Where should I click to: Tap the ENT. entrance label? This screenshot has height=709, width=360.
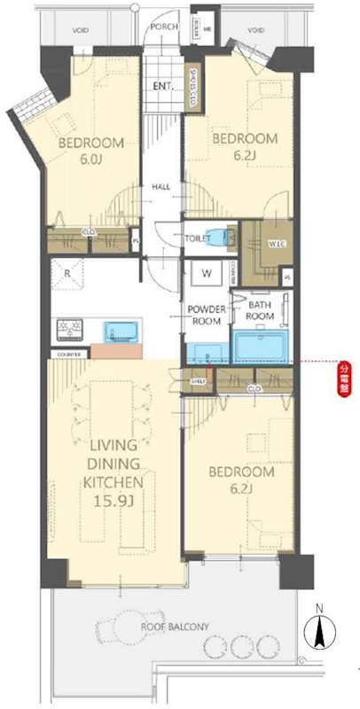[x=162, y=86]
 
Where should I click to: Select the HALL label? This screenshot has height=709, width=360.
[x=161, y=187]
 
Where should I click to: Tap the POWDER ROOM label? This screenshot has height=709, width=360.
[x=206, y=315]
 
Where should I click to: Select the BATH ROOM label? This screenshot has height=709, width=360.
[x=259, y=309]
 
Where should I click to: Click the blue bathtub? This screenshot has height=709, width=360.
[x=261, y=347]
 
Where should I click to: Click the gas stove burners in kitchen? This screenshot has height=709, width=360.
[x=68, y=331]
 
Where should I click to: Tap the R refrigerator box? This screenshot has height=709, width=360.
[x=67, y=274]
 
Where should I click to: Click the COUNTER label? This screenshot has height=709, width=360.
[x=68, y=354]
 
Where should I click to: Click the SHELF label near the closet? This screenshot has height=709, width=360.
[x=198, y=380]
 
